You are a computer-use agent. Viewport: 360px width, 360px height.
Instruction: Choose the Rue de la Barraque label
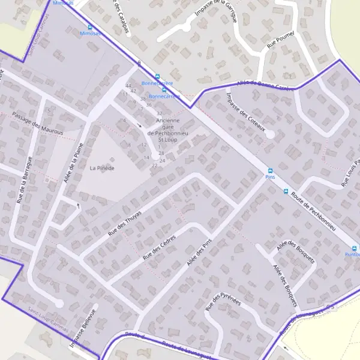[x=23, y=179]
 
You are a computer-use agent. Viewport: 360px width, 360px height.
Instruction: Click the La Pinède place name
[x=101, y=168]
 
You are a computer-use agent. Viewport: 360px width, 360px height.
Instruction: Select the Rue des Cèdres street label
[x=158, y=247]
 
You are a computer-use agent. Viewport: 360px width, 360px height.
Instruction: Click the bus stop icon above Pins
[x=269, y=170]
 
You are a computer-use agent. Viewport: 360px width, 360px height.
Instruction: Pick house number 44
[x=128, y=86]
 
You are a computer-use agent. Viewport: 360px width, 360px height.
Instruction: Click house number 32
[x=159, y=113]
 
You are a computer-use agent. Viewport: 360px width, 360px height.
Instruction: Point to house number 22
[x=154, y=165]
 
